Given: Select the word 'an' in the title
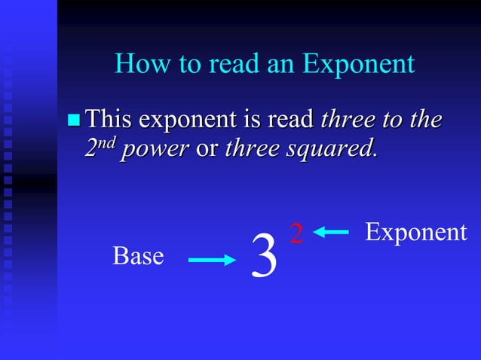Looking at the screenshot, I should coord(282,65).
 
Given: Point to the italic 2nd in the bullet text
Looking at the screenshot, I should coord(99,147).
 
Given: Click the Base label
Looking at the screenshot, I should coord(138,256).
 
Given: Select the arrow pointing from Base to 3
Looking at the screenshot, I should coord(212,261).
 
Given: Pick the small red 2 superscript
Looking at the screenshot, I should coord(297,234).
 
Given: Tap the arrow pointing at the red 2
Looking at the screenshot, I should coord(332,233).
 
